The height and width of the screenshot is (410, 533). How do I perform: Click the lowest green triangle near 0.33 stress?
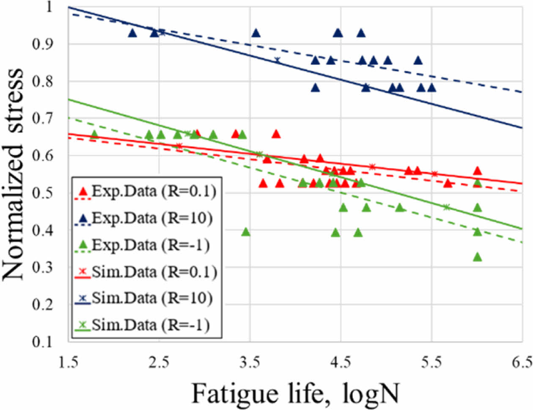(477, 257)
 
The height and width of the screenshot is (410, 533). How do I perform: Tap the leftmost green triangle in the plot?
(94, 135)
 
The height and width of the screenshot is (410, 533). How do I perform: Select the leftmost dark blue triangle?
(132, 33)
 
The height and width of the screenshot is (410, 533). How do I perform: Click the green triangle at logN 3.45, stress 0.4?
(246, 232)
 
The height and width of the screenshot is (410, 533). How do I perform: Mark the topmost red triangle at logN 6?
(477, 171)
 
